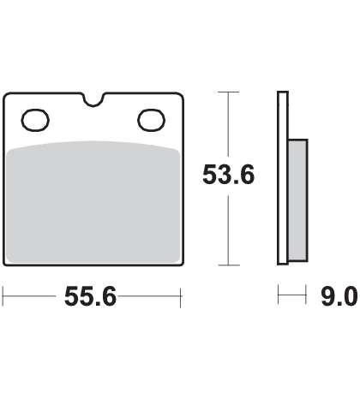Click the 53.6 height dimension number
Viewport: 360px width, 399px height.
pyautogui.click(x=228, y=175)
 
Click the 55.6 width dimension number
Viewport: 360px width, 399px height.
pyautogui.click(x=90, y=296)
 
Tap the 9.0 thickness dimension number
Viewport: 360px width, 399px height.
pyautogui.click(x=339, y=296)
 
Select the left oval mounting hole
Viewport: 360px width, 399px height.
pyautogui.click(x=35, y=120)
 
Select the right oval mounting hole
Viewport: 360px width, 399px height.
pyautogui.click(x=152, y=120)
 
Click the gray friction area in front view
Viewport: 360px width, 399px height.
pyautogui.click(x=93, y=202)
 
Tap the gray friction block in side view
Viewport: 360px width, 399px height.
pyautogui.click(x=298, y=200)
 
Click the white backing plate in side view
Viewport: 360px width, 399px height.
pyautogui.click(x=283, y=178)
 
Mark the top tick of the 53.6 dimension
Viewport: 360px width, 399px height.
pyautogui.click(x=228, y=92)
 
